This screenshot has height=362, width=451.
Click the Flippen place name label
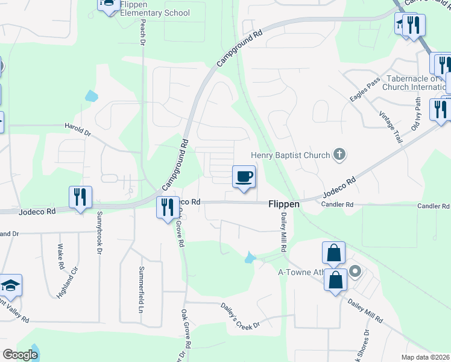283,205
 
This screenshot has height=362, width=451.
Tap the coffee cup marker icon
244,177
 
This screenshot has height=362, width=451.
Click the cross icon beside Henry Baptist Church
339,154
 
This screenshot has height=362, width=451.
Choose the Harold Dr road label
77,128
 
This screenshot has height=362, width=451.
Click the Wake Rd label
61,256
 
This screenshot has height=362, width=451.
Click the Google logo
20,355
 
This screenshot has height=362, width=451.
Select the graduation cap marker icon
10,285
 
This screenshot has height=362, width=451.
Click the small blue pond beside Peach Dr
91,95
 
